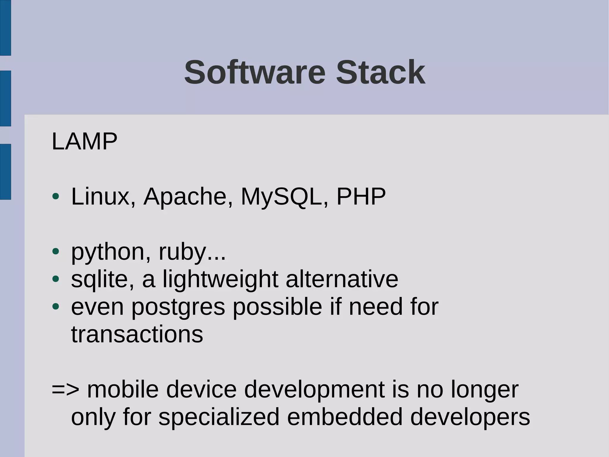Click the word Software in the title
pos(255,73)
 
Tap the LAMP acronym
pos(84,141)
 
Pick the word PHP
pos(361,196)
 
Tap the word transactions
pos(137,334)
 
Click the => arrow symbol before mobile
pos(65,389)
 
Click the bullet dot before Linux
pos(56,196)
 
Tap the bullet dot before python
pos(56,252)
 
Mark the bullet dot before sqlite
pos(56,279)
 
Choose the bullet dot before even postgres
pos(56,306)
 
